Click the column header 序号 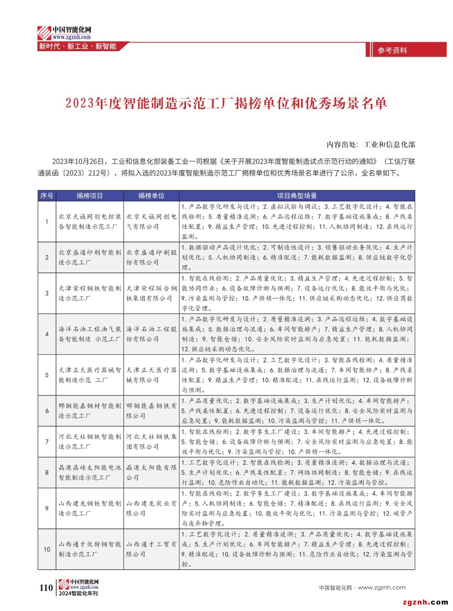pos(47,196)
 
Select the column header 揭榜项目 pos(90,196)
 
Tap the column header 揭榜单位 pos(151,196)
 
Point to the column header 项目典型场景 pos(297,196)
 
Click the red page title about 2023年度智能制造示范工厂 pos(226,103)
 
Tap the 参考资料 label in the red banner pos(392,50)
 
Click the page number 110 pos(46,587)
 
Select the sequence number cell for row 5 pos(47,375)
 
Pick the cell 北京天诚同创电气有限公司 pos(151,221)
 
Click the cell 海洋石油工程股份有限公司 pos(151,334)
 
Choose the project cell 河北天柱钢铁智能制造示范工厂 pos(90,441)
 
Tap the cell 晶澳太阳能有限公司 pos(151,472)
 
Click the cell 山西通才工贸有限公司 pos(151,549)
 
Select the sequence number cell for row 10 pos(47,549)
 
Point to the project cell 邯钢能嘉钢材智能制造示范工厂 pos(90,411)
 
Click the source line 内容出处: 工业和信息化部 pos(371,144)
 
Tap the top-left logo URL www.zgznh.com pos(72,37)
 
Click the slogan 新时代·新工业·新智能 pos(77,46)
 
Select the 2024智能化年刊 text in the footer pos(78,593)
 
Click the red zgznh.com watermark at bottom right pos(425,602)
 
